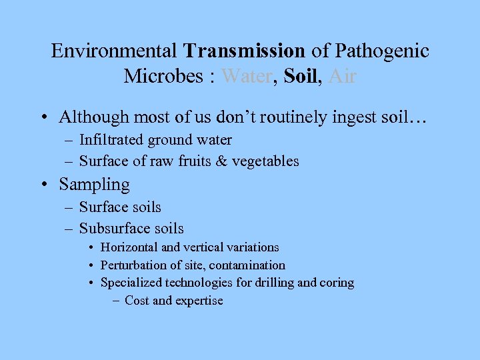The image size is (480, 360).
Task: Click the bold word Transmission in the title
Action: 245,51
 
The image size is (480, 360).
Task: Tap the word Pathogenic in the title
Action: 383,51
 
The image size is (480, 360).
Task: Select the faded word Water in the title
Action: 247,77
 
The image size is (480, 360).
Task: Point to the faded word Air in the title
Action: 343,77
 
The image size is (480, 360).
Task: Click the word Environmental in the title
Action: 114,51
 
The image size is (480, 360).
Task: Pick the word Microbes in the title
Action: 165,77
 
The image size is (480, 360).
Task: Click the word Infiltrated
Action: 111,140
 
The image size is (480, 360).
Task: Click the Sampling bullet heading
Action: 94,185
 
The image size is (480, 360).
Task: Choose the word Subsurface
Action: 111,229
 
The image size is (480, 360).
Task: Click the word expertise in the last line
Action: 199,301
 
